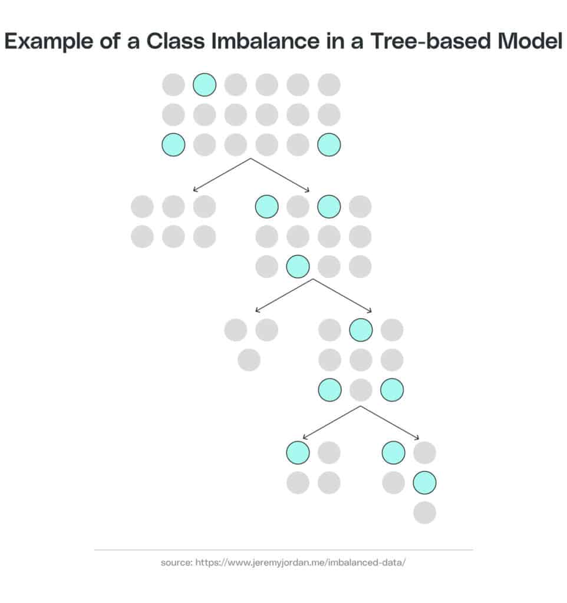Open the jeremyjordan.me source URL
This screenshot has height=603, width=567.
pyautogui.click(x=300, y=562)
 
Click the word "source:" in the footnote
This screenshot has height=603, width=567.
pyautogui.click(x=176, y=562)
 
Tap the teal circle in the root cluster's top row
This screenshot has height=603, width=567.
pyautogui.click(x=205, y=85)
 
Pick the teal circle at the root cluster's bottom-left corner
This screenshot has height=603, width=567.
pyautogui.click(x=173, y=145)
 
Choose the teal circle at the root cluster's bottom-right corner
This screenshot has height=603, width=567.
pyautogui.click(x=329, y=145)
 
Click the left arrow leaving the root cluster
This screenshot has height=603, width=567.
pyautogui.click(x=222, y=174)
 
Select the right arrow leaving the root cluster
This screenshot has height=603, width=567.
pyautogui.click(x=280, y=174)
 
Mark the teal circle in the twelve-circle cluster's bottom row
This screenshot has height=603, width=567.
pyautogui.click(x=298, y=266)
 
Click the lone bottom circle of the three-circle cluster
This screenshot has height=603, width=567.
pyautogui.click(x=249, y=360)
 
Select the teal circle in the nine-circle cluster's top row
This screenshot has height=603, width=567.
pyautogui.click(x=361, y=330)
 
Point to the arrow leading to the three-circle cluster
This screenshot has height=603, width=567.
pyautogui.click(x=284, y=296)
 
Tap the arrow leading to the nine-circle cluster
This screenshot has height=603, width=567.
pyautogui.click(x=342, y=296)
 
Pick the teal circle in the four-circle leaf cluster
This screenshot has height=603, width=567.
pyautogui.click(x=298, y=452)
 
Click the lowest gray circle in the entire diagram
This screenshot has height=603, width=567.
pyautogui.click(x=424, y=512)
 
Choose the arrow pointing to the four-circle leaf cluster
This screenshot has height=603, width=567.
pyautogui.click(x=331, y=422)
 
